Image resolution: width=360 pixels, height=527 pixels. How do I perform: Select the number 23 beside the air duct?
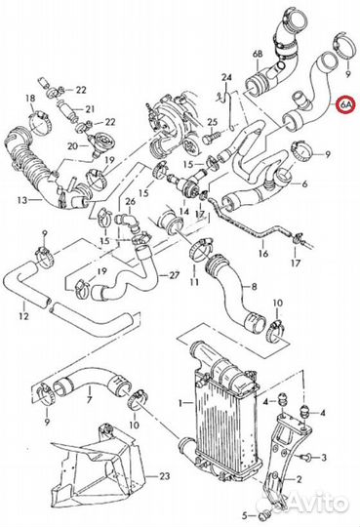point(164,475)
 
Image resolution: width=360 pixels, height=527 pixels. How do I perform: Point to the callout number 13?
point(21,201)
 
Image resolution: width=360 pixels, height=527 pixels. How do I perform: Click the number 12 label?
point(22,318)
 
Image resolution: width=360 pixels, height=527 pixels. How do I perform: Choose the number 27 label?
point(174,275)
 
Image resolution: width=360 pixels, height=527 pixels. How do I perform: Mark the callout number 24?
point(226,76)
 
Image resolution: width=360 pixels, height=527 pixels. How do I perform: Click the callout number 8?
point(253,287)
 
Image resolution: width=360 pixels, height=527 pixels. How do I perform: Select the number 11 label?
point(194,282)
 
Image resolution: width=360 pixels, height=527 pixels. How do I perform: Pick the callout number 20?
point(72,145)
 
